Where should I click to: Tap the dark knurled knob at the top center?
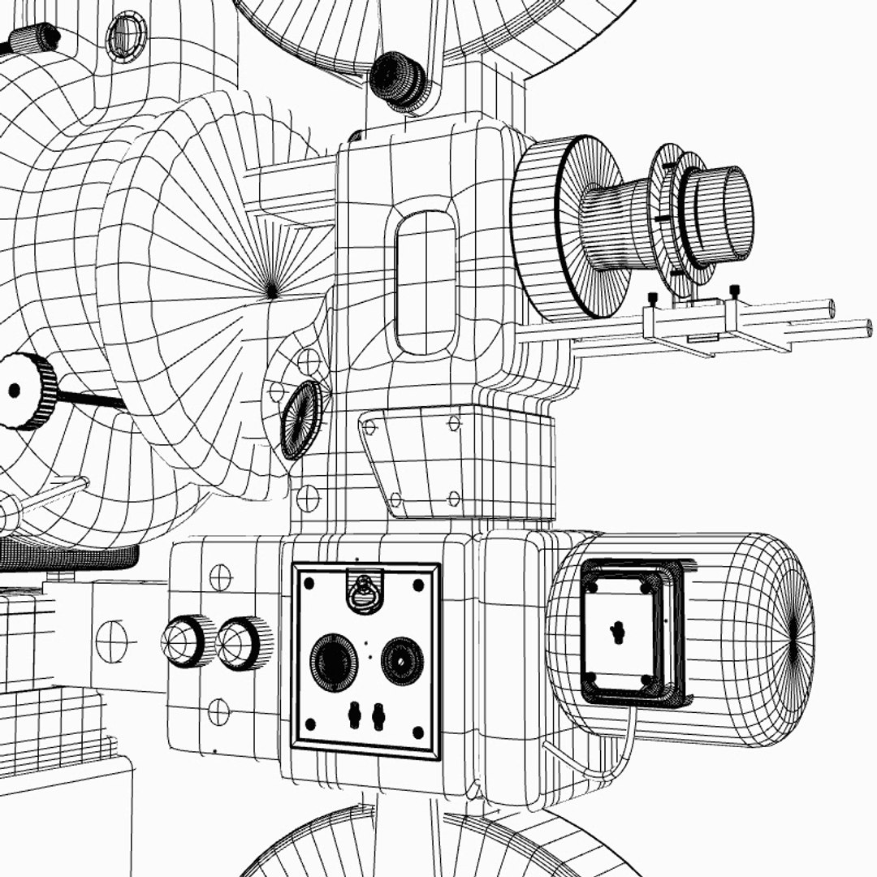click(x=398, y=80)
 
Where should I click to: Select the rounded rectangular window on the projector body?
click(x=426, y=283)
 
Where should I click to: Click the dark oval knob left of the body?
click(x=301, y=419)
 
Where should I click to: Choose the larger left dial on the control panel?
click(x=333, y=662)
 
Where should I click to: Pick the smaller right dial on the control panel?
click(x=402, y=659)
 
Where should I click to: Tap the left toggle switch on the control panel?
click(x=354, y=715)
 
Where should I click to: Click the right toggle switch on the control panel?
click(x=378, y=715)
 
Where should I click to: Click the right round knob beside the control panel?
click(x=241, y=643)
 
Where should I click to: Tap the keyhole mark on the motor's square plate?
click(x=618, y=631)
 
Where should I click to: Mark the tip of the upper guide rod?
click(x=830, y=309)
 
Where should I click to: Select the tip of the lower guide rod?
click(x=867, y=328)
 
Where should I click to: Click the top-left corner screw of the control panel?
click(x=308, y=581)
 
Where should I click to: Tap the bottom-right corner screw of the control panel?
click(x=419, y=733)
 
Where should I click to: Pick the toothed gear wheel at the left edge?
click(x=24, y=391)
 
